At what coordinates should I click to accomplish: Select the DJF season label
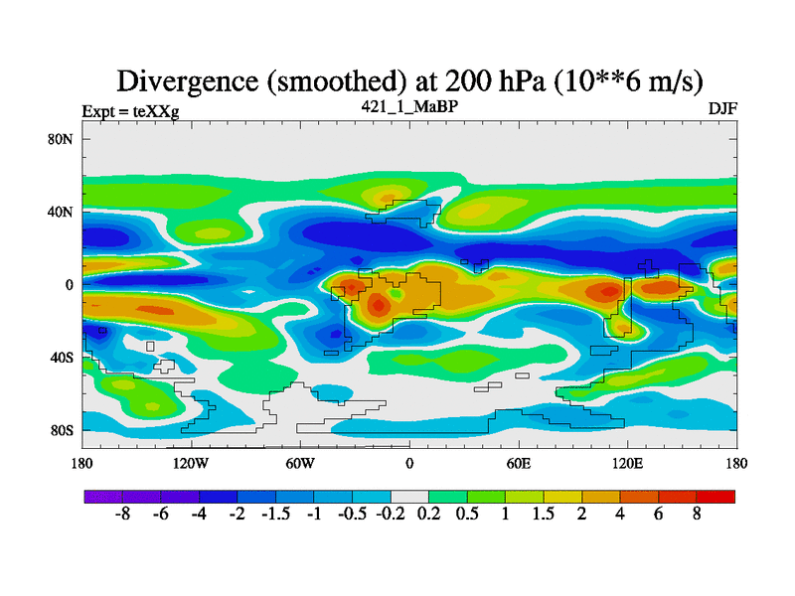point(722,109)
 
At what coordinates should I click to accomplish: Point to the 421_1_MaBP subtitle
point(409,104)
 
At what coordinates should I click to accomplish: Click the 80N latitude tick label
point(62,139)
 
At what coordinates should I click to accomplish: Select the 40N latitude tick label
point(62,212)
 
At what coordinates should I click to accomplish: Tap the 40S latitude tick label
point(62,358)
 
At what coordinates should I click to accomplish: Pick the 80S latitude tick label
point(62,430)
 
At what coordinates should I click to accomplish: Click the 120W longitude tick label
point(191,463)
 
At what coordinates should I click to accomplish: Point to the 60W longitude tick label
point(300,463)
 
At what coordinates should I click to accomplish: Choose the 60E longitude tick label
point(519,463)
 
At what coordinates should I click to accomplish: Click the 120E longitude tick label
point(628,463)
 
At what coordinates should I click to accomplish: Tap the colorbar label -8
point(122,517)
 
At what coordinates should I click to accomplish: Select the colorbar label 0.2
point(428,517)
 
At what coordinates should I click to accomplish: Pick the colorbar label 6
point(659,517)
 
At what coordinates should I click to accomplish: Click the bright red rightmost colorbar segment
point(716,496)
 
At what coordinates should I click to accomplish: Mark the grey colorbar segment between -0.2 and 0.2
point(409,496)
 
